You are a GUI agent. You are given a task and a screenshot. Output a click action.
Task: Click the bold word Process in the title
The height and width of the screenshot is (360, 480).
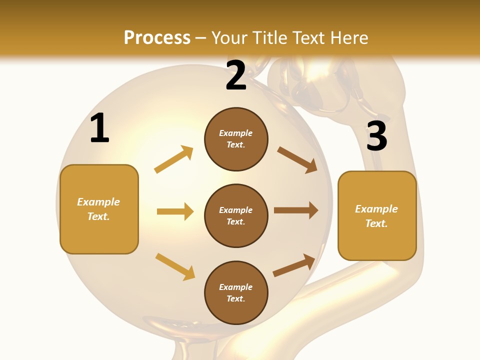(157, 38)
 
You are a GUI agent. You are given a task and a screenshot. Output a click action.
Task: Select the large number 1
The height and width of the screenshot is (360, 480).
(99, 128)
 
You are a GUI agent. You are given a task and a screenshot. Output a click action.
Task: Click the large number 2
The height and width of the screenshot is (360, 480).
(236, 76)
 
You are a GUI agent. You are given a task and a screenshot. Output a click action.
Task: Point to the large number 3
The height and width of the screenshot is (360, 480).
(376, 136)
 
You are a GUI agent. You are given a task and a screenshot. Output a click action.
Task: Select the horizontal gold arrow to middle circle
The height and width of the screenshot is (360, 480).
(175, 211)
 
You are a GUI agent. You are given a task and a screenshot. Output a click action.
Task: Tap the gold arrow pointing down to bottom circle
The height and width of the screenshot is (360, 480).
(175, 266)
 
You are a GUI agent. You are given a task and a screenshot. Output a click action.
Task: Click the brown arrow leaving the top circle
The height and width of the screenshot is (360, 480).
(297, 159)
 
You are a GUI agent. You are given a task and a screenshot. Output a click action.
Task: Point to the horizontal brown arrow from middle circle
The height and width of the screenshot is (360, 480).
(296, 210)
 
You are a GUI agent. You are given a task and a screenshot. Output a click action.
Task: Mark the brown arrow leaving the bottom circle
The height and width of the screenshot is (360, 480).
(294, 265)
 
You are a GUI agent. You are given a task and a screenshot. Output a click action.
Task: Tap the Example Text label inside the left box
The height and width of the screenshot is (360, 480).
(98, 209)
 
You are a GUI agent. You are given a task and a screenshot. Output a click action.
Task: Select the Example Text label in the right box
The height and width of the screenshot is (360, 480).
(376, 216)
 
